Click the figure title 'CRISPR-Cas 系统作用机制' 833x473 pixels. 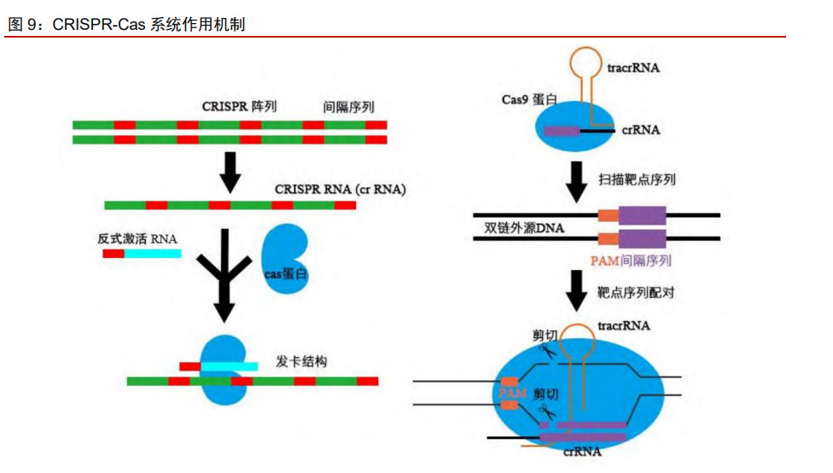pyautogui.click(x=149, y=25)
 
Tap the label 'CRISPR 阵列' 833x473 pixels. pyautogui.click(x=239, y=108)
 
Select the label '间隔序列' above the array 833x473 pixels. pyautogui.click(x=348, y=108)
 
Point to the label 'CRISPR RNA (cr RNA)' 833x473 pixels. pyautogui.click(x=340, y=189)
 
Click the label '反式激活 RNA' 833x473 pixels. pyautogui.click(x=137, y=238)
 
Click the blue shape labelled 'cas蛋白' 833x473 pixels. pyautogui.click(x=285, y=257)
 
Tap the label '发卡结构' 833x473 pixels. pyautogui.click(x=301, y=361)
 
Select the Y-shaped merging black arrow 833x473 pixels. pyautogui.click(x=224, y=273)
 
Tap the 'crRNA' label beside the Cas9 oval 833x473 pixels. pyautogui.click(x=640, y=131)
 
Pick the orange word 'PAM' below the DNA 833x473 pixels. pyautogui.click(x=604, y=260)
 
